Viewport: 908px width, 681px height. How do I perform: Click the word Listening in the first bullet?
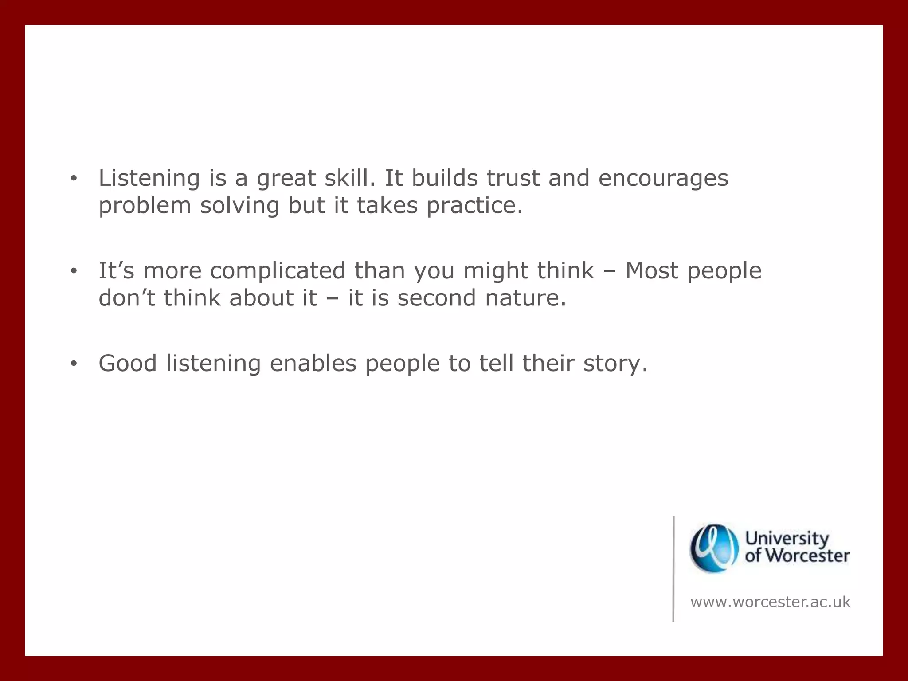pos(149,178)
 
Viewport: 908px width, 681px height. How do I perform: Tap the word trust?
pos(513,178)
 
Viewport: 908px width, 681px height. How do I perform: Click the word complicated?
pos(278,271)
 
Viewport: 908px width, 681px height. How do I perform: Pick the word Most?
pos(651,271)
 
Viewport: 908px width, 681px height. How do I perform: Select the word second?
pos(437,298)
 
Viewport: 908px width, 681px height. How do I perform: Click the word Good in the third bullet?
pos(128,364)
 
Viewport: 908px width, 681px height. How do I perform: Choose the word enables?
pos(313,364)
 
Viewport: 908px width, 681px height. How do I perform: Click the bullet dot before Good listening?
pos(74,364)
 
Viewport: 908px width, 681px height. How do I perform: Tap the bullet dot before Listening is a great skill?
pos(74,179)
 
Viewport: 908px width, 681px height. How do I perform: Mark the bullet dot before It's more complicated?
pos(74,271)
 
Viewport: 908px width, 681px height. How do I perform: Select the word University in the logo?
pos(787,539)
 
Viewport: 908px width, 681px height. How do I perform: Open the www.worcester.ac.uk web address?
pos(771,602)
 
